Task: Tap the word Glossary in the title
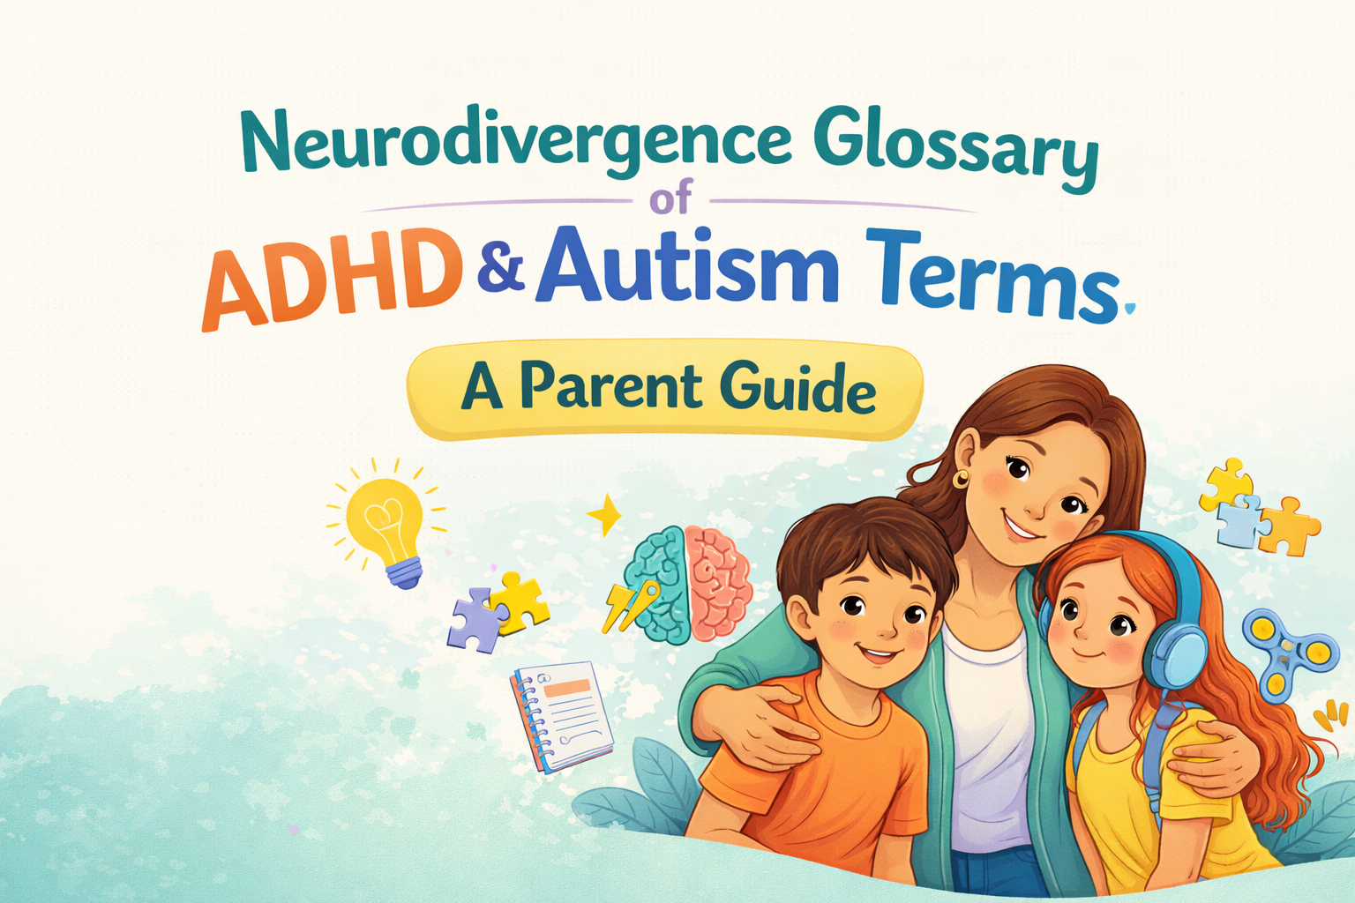click(958, 150)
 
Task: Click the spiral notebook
click(562, 714)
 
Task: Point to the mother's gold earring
click(960, 479)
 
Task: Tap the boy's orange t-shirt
click(820, 776)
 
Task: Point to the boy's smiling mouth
click(878, 654)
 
